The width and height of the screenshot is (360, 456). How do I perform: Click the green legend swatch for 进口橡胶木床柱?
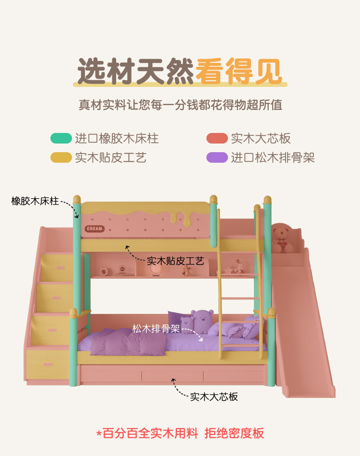click(x=61, y=139)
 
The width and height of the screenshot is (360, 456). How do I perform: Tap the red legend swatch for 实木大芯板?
click(x=217, y=139)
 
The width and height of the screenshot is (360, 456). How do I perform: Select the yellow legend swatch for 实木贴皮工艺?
click(x=61, y=157)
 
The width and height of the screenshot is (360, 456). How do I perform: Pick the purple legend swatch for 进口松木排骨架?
click(x=217, y=157)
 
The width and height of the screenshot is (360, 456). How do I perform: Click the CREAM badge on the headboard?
click(x=95, y=228)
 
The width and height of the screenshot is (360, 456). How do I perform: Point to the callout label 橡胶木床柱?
click(x=35, y=201)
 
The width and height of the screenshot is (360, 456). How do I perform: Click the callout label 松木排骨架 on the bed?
click(x=156, y=329)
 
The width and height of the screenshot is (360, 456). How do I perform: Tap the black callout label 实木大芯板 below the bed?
click(x=214, y=397)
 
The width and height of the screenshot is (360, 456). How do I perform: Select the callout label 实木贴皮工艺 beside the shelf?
click(x=175, y=261)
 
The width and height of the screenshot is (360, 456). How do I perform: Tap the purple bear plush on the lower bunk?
click(x=202, y=321)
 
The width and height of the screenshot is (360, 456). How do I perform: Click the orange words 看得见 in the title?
click(x=239, y=72)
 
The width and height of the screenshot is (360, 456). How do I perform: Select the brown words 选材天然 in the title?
click(x=136, y=72)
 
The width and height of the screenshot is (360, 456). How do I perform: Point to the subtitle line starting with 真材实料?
click(x=180, y=105)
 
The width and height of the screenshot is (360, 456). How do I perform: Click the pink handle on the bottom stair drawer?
click(x=48, y=365)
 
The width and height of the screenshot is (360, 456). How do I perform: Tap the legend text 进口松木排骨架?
click(x=273, y=157)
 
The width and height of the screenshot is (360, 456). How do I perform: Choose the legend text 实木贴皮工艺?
click(x=110, y=157)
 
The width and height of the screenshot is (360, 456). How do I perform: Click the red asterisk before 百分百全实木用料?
click(x=99, y=434)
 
